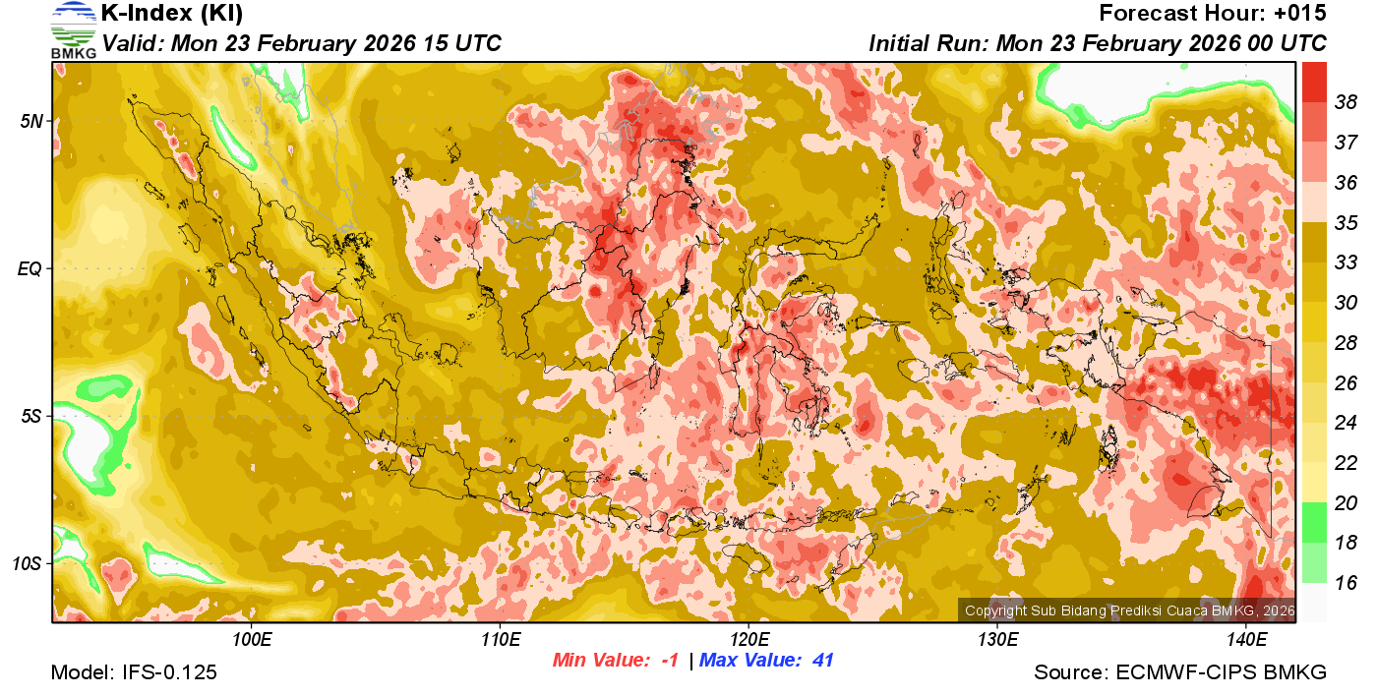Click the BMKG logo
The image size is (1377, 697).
coord(74,29)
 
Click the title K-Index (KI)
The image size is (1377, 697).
coord(172,14)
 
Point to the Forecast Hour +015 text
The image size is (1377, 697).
coord(1213,14)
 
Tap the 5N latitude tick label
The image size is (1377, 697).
coord(31,121)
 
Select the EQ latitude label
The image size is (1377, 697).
coord(31,268)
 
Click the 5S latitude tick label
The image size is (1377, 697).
coord(31,416)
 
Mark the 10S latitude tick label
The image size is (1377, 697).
coord(29,563)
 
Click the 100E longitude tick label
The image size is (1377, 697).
coord(252,640)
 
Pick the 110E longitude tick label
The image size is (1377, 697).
coord(500,640)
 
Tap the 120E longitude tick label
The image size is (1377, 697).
coord(748,640)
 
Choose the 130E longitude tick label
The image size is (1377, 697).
coord(997,640)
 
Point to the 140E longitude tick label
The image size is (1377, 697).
coord(1246,640)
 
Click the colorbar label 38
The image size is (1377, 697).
coord(1347,101)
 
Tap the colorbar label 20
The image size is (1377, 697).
coord(1347,503)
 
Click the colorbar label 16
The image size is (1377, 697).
coord(1347,583)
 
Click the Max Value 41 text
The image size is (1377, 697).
coord(766,661)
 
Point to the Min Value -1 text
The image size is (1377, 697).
coord(616,661)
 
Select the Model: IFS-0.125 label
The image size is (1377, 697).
coord(134,672)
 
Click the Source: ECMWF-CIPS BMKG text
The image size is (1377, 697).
coord(1180,672)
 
